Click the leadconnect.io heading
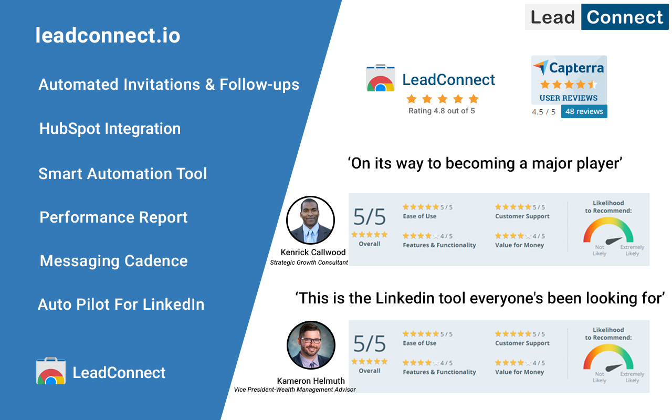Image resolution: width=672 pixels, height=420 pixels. coord(108,35)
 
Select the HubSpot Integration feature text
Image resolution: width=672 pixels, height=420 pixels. coord(110,129)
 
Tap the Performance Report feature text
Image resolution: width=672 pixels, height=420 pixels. coord(113,217)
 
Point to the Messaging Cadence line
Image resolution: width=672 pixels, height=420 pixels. coord(113,261)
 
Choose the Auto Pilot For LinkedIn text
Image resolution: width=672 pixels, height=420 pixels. coord(121,304)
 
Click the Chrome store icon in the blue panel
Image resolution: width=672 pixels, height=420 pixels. coord(51,371)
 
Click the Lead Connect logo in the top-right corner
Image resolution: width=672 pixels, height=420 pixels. coord(597,17)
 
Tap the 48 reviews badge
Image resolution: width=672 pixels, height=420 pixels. coord(584,111)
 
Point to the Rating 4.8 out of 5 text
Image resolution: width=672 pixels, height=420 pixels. coord(442,111)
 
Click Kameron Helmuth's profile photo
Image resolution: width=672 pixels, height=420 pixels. coord(311,345)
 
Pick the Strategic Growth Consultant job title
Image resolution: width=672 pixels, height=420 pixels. coord(309,262)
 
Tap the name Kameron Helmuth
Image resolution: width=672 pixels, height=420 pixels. coord(311,381)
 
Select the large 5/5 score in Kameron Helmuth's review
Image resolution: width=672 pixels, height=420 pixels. coord(369,343)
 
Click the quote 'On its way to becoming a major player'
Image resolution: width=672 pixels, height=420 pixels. coord(485,163)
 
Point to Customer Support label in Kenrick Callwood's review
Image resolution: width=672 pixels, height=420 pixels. coord(522,216)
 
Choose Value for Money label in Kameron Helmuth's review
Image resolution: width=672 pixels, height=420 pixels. coord(519,372)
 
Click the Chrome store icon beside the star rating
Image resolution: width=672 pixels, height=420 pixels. coord(381,79)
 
